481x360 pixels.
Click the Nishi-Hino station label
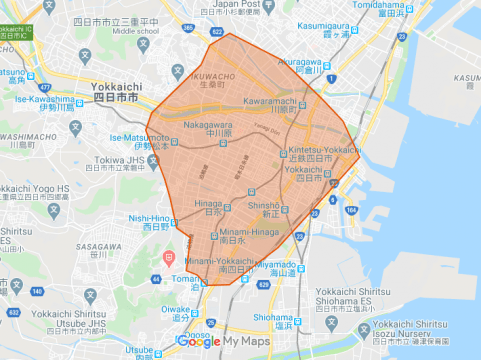(149, 217)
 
